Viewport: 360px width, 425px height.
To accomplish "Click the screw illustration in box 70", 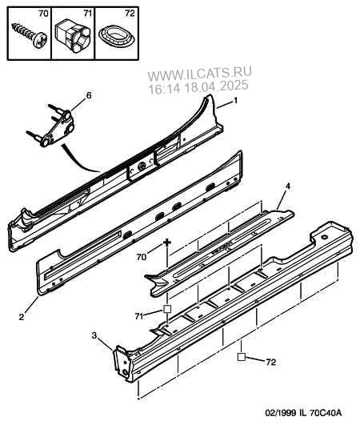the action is pos(30,35).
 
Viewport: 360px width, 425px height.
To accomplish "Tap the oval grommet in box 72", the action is pos(116,37).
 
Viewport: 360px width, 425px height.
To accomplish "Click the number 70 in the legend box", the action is pos(42,14).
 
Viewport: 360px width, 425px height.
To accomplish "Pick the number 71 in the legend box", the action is pos(87,14).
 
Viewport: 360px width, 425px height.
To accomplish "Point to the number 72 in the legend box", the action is pos(130,14).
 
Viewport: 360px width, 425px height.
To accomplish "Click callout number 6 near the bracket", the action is pos(89,95).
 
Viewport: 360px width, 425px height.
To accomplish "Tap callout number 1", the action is pos(235,101).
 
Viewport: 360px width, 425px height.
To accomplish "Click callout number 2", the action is pos(22,317).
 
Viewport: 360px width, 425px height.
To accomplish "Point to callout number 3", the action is pos(94,335).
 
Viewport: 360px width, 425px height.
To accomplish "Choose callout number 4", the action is pos(287,186).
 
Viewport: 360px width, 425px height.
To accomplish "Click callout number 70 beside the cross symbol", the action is pos(142,257).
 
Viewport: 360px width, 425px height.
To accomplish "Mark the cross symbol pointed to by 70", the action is pos(168,242).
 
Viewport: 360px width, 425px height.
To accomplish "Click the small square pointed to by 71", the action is pos(167,309).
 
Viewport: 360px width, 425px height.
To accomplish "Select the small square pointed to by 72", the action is pos(241,357).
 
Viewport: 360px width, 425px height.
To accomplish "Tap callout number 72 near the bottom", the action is pos(270,362).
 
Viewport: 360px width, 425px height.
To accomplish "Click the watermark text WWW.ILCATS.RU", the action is pos(200,73).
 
